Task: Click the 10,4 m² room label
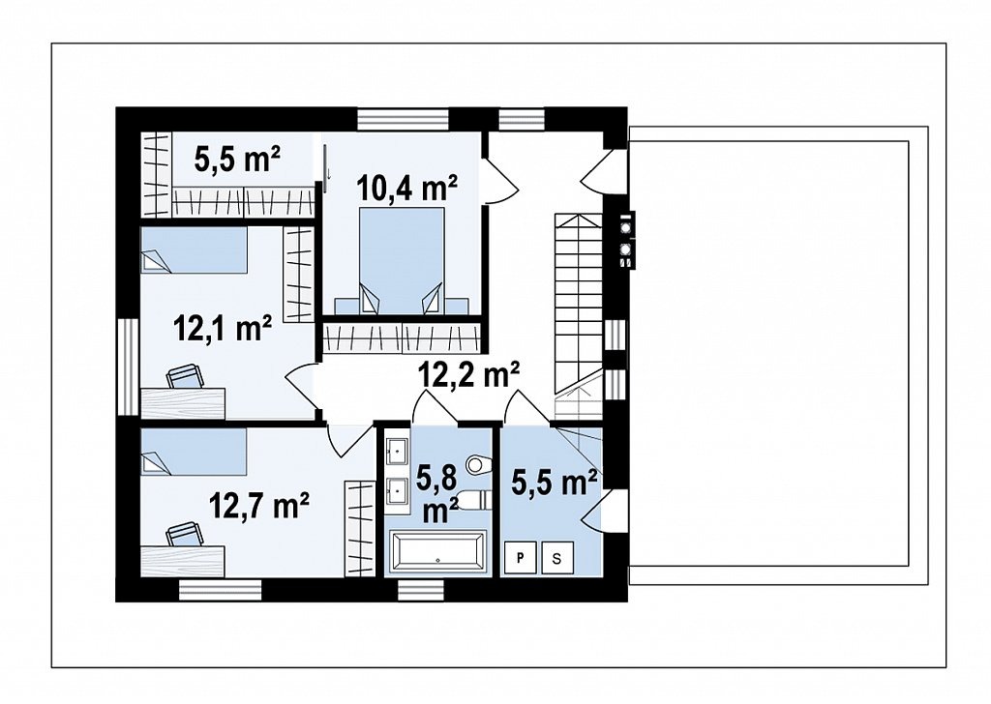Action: (407, 188)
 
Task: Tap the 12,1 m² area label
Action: (224, 329)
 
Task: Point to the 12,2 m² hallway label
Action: (469, 375)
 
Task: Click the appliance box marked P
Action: (520, 558)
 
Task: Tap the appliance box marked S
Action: (556, 558)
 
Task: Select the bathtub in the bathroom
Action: (438, 553)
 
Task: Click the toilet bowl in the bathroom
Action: (477, 465)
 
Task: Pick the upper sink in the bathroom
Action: (397, 450)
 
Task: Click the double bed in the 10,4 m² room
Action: (402, 261)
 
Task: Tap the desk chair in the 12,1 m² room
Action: (186, 376)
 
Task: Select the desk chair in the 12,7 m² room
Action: (186, 534)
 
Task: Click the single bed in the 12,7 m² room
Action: (194, 452)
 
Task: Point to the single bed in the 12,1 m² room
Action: (194, 250)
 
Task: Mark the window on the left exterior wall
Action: (128, 367)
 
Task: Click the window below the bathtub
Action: (421, 590)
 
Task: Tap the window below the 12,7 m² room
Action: (220, 590)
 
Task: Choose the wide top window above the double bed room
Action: (403, 119)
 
